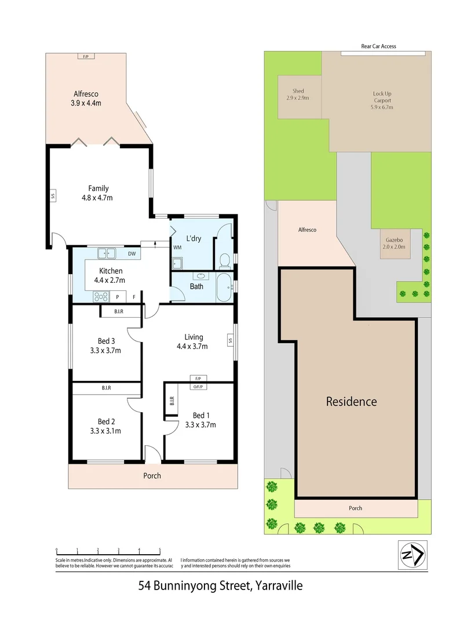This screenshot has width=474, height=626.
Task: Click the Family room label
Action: pos(99,188)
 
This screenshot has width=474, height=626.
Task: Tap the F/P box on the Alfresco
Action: pos(86,56)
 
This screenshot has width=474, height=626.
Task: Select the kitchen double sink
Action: pos(107,253)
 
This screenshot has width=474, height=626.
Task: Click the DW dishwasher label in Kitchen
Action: pos(132,253)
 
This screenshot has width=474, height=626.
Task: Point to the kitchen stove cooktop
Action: pos(101,297)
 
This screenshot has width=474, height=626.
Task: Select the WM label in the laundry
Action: pos(177,248)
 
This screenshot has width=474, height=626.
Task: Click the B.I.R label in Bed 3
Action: pos(119,312)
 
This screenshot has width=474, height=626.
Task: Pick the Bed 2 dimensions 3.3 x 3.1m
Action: pos(105,431)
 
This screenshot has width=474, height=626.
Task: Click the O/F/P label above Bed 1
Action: pos(198,385)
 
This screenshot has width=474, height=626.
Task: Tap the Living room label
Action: pos(194,337)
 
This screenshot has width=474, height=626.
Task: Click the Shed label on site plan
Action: pos(298,91)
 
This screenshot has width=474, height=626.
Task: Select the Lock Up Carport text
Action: pos(382,97)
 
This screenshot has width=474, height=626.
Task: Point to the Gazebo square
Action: pos(395,243)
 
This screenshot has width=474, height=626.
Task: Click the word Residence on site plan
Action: pos(351,401)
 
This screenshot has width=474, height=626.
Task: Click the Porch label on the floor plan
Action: pos(152,476)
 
